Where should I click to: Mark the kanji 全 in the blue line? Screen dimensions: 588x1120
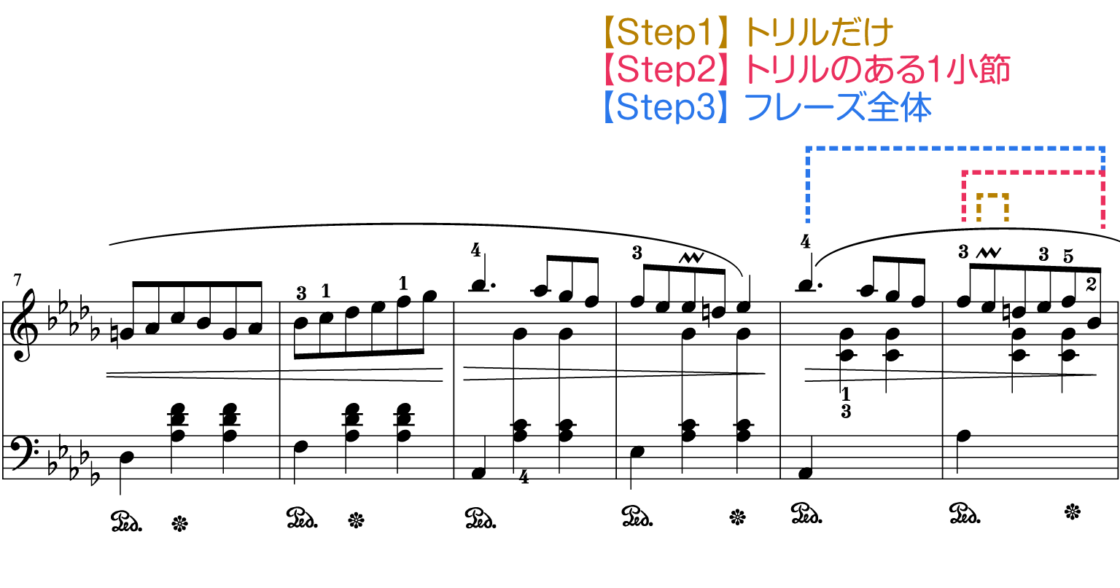pos(883,109)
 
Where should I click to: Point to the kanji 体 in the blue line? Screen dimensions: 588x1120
pos(915,109)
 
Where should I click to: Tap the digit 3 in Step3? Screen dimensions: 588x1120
pos(706,109)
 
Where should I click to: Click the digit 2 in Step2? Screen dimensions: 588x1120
pos(706,71)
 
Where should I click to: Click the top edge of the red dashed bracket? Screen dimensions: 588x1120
pos(1032,173)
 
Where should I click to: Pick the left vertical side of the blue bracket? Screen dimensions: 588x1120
pos(808,186)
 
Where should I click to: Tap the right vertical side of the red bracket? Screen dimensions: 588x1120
pos(1102,200)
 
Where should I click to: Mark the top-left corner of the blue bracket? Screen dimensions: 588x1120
pos(808,149)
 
